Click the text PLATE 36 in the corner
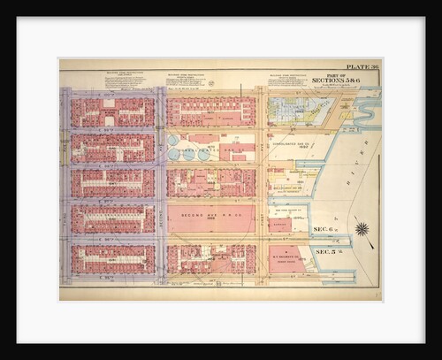(362, 67)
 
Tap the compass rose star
(362, 230)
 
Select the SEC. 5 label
(329, 252)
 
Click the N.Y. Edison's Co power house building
(287, 258)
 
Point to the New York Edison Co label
(288, 211)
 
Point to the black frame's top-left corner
(18, 19)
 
